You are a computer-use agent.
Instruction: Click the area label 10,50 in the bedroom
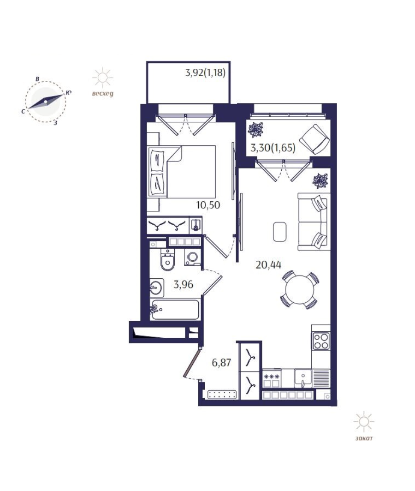(208, 205)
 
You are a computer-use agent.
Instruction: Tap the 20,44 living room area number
(268, 265)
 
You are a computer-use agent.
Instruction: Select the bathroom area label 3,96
(184, 285)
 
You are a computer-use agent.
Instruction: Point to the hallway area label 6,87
(221, 363)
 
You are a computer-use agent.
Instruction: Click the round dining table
(300, 290)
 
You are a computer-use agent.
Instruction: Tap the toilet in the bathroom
(168, 261)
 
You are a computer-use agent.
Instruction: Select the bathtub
(175, 310)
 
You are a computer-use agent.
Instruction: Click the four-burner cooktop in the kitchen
(321, 341)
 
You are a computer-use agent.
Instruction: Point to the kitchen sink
(302, 378)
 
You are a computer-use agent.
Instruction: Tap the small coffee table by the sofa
(279, 231)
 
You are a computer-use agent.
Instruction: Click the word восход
(103, 94)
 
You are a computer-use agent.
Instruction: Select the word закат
(364, 438)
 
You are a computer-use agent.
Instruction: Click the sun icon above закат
(364, 421)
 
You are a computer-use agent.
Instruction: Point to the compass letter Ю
(69, 92)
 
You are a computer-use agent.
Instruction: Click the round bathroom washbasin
(156, 287)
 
